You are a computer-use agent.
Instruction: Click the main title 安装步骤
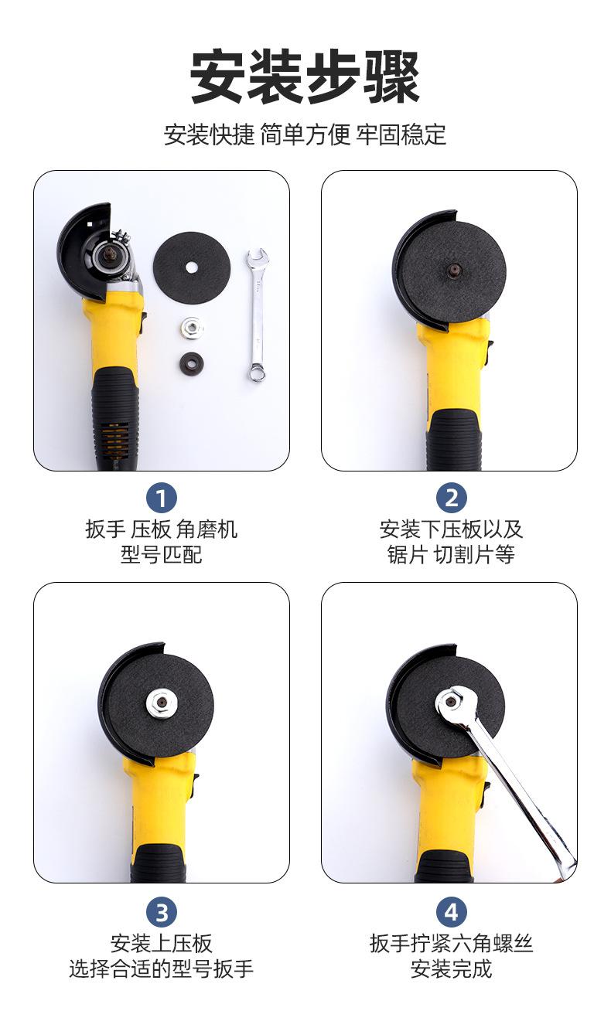[305, 77]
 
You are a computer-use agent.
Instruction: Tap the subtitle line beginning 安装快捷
[305, 134]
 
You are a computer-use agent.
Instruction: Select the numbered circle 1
[161, 498]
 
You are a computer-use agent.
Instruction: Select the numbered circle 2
[451, 498]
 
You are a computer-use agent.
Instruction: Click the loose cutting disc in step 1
[192, 267]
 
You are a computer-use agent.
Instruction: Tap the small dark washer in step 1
[192, 363]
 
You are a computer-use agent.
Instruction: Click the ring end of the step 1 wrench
[257, 373]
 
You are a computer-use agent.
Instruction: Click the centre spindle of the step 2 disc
[453, 268]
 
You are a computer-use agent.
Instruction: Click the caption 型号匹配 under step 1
[161, 554]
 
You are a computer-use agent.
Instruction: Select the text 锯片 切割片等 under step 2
[451, 554]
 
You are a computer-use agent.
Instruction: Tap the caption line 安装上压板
[161, 944]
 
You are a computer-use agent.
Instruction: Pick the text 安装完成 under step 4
[451, 969]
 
